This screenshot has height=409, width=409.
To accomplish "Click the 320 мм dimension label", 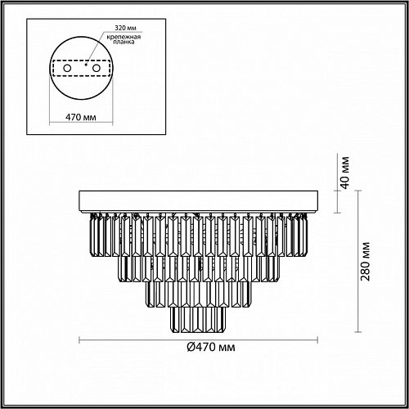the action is pos(125,28).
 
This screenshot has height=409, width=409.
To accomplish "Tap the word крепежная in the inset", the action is pos(124,37).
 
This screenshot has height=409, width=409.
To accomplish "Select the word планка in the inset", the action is pos(124,42).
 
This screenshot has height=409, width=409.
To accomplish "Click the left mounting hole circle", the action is pos(67,68).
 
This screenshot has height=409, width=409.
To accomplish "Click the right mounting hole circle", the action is pos(97,68).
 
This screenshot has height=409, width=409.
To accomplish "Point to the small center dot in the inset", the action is pos(86,65).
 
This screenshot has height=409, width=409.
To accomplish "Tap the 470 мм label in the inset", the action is pos(81,117).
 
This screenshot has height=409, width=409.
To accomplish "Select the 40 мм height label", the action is pos(345,173).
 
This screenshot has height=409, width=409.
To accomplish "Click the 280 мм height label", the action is pos(366,261).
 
